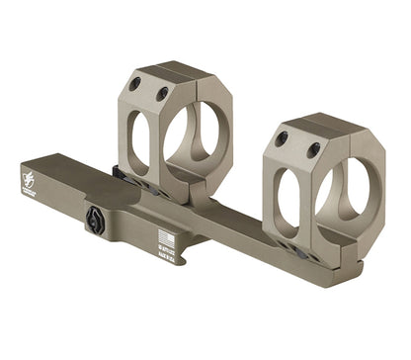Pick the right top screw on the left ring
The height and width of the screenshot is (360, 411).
coord(161,95)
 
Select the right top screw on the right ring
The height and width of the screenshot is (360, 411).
coord(313,149)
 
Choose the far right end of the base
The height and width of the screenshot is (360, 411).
coord(356,267)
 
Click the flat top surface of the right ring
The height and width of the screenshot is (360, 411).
coord(326,126)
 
